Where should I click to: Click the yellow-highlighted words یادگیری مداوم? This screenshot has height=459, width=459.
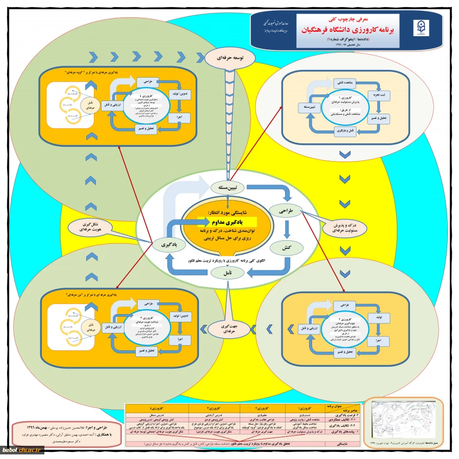click(x=227, y=222)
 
